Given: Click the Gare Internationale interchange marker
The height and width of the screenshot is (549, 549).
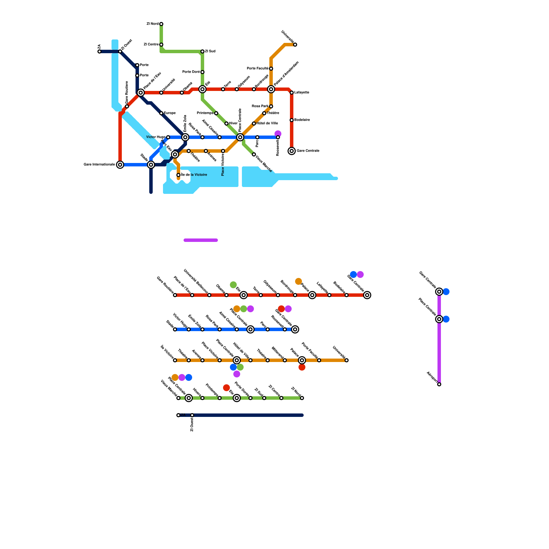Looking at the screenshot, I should [x=120, y=165].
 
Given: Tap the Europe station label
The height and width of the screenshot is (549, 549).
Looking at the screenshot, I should [x=170, y=113].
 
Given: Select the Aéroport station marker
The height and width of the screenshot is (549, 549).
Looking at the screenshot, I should [x=439, y=384].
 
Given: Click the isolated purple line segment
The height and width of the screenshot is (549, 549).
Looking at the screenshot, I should [x=201, y=240].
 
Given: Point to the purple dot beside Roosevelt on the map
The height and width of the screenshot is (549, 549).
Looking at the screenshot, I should [x=278, y=133].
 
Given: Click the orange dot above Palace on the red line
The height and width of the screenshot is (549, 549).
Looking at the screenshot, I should [x=299, y=281].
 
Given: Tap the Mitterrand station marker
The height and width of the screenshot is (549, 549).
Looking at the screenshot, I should [x=285, y=360].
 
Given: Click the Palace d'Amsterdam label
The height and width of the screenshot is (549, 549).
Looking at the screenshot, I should [x=287, y=73].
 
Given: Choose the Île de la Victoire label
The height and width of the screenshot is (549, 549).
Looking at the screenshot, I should [x=194, y=175].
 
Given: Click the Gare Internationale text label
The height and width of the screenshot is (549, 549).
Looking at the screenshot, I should [x=99, y=165].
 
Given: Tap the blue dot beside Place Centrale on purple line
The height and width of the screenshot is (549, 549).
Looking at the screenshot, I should [x=446, y=319].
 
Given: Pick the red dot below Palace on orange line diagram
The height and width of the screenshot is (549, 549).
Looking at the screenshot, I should [x=302, y=367].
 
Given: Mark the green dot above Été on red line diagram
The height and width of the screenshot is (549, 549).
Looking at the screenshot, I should [x=233, y=285].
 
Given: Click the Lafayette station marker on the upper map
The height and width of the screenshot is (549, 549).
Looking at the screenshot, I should [x=292, y=93].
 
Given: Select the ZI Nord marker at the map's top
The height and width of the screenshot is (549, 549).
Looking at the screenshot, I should [x=161, y=24].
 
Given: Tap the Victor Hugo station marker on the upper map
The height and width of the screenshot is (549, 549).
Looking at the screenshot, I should [x=168, y=137].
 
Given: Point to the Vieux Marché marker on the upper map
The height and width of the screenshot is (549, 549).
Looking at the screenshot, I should [x=254, y=154].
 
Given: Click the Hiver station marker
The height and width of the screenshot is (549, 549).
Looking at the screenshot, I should [x=226, y=124].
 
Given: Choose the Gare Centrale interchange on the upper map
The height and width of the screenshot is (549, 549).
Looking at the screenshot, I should [x=292, y=151].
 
